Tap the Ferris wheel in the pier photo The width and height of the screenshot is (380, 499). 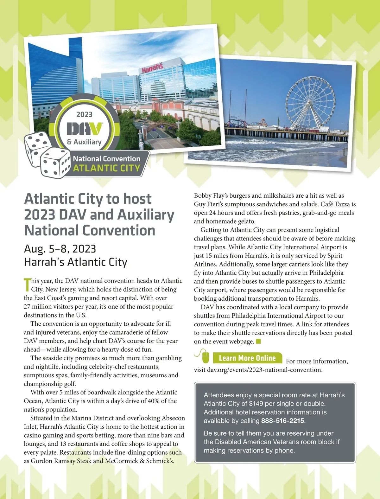(x=308, y=99)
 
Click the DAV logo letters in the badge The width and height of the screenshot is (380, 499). (x=84, y=129)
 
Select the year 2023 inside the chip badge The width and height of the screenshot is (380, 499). (x=84, y=114)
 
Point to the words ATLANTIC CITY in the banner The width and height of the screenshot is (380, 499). (x=106, y=168)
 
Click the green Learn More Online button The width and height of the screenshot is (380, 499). (x=247, y=358)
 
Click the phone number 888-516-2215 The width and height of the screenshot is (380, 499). (x=282, y=421)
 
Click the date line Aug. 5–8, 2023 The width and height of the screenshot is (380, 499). (x=60, y=249)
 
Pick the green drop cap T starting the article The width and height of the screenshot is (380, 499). (x=27, y=285)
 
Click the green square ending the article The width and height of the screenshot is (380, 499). (x=258, y=341)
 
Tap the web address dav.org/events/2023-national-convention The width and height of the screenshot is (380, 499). (x=265, y=370)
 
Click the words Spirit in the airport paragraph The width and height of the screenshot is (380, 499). (x=335, y=256)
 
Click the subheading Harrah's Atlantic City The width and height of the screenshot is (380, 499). (x=75, y=262)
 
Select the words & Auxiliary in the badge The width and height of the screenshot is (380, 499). (x=84, y=142)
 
